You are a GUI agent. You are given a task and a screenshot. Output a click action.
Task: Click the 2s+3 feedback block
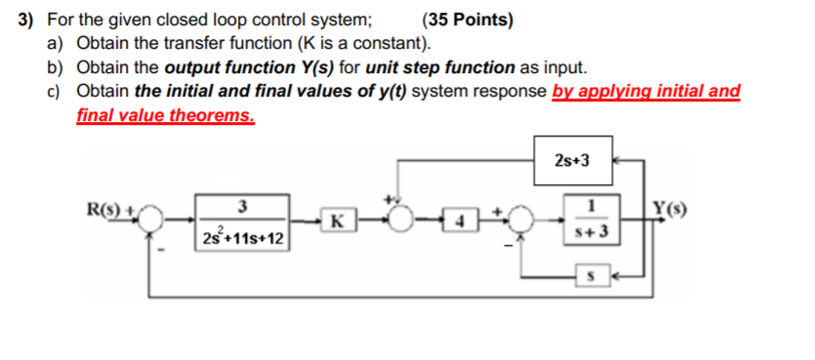click(572, 160)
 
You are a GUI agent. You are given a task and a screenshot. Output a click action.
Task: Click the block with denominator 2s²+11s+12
click(240, 222)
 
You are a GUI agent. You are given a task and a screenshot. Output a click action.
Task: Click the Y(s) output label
click(672, 206)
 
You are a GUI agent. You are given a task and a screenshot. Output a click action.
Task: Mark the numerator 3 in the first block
click(241, 206)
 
